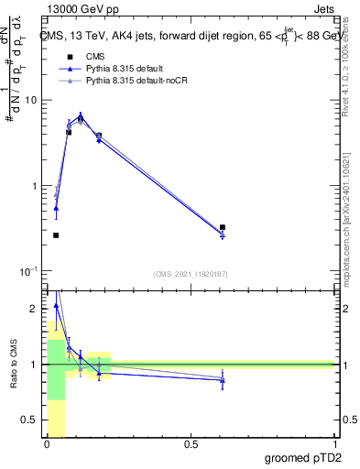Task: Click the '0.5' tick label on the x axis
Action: (x=191, y=444)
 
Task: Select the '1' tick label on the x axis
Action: (x=334, y=444)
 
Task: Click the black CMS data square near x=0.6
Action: (x=223, y=227)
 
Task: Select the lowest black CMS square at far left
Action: (x=56, y=235)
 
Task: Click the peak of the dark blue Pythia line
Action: (x=81, y=115)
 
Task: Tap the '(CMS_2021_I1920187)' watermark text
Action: (x=190, y=274)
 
